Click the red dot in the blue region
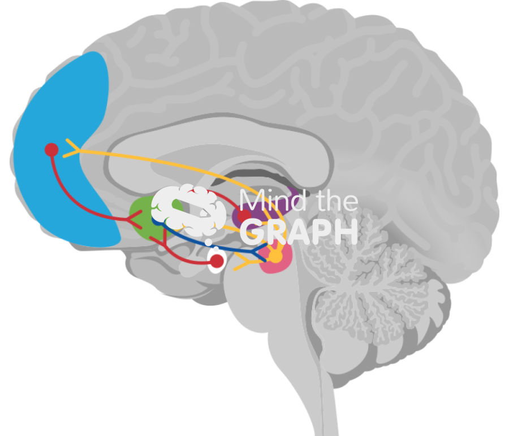click(x=51, y=150)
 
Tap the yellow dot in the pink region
click(x=275, y=257)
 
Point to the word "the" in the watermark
click(x=337, y=201)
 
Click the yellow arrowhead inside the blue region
click(x=71, y=148)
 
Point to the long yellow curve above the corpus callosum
click(x=170, y=158)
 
